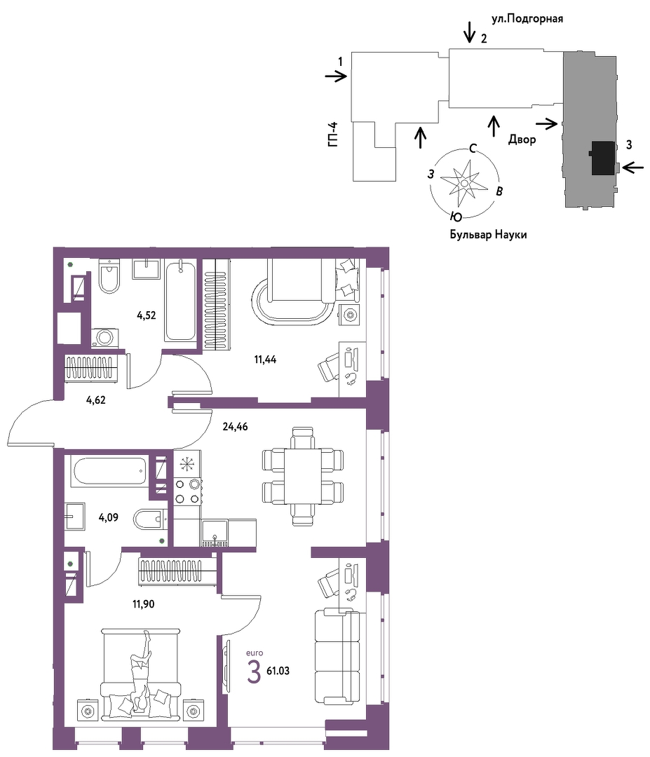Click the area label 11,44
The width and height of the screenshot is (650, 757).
pyautogui.click(x=265, y=360)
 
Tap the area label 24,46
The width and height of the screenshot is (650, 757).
pyautogui.click(x=235, y=427)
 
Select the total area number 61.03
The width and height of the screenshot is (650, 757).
pyautogui.click(x=278, y=671)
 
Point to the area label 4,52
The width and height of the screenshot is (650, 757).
pyautogui.click(x=147, y=315)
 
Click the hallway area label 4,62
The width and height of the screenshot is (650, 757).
pyautogui.click(x=95, y=400)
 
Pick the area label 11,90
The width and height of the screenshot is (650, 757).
pyautogui.click(x=144, y=604)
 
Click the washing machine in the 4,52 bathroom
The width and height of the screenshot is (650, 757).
pyautogui.click(x=104, y=337)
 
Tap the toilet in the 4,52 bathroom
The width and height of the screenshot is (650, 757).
pyautogui.click(x=109, y=276)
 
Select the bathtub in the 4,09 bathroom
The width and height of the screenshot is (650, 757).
pyautogui.click(x=109, y=471)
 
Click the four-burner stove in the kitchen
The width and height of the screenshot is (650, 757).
pyautogui.click(x=188, y=491)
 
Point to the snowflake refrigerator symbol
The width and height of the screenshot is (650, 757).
pyautogui.click(x=185, y=464)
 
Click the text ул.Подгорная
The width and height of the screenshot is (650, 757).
pyautogui.click(x=527, y=19)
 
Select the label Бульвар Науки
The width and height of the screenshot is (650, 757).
pyautogui.click(x=488, y=235)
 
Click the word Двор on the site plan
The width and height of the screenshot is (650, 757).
pyautogui.click(x=522, y=140)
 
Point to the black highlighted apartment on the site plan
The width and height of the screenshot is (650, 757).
pyautogui.click(x=603, y=158)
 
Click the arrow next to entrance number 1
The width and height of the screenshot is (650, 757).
pyautogui.click(x=336, y=76)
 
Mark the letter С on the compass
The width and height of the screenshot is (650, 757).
pyautogui.click(x=473, y=148)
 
